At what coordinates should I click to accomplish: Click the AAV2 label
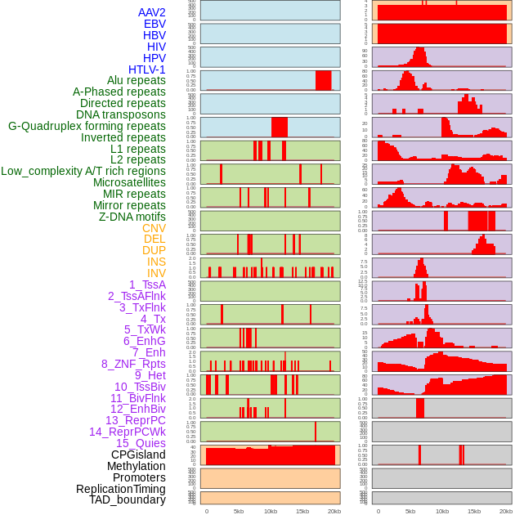pos(151,13)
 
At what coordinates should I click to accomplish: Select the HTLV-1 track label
pos(147,69)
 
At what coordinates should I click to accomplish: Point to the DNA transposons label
pos(121,114)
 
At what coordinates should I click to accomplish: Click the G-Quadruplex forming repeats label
pos(87,126)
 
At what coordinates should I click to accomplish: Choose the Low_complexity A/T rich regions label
pos(83,171)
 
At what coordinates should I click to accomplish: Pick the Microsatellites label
pos(129,182)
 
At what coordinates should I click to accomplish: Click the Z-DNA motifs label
pos(132,217)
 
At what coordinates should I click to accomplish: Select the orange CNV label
pos(154,228)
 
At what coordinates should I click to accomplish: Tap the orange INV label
pos(156,273)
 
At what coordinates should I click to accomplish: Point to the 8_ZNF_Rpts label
pos(133,364)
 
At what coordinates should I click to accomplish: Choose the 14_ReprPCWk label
pos(128,432)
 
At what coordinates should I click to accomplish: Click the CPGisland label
pos(138,455)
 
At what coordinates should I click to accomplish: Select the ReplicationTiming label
pos(120,489)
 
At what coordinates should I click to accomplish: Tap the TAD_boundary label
pos(128,499)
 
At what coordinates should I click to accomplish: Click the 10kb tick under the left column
pos(270,511)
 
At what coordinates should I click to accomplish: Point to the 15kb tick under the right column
pos(474,511)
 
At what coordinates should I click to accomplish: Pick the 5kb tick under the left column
pos(238,511)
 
